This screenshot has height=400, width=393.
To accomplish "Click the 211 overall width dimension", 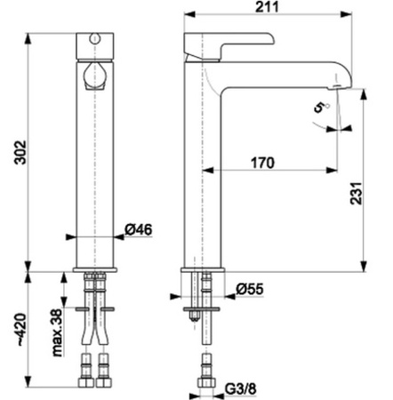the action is coord(267,7).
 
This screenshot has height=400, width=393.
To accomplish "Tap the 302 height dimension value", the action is coord(20,152).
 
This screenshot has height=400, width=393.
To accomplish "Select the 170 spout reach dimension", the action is coord(262,163).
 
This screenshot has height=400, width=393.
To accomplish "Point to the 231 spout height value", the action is coord(357,193).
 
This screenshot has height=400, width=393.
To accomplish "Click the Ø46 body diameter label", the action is coord(139,229).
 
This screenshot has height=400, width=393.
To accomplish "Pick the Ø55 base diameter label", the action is coord(250,289).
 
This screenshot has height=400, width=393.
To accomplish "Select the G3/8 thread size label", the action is coord(240,388).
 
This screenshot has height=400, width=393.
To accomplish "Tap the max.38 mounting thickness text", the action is coord(57,332).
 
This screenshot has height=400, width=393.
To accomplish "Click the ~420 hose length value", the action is coord(21,330).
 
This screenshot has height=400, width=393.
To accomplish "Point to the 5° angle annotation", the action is coord(322,107).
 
